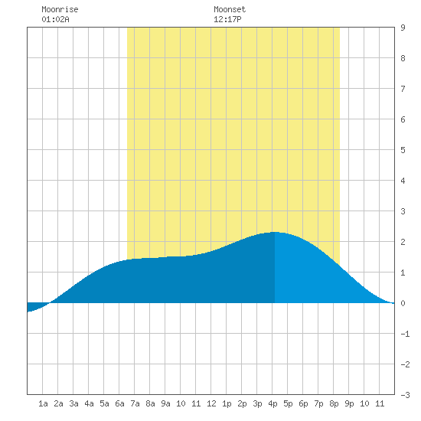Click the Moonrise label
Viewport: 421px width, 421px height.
[x=60, y=9]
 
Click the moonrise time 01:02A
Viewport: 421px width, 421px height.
[x=55, y=19]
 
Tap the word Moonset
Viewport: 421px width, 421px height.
[x=230, y=9]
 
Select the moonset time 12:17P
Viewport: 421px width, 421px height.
[x=227, y=19]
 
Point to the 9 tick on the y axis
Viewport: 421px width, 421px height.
[x=403, y=28]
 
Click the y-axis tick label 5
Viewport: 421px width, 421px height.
[x=403, y=150]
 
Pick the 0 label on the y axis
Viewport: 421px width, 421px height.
[x=403, y=303]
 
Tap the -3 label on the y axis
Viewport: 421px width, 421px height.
[x=405, y=395]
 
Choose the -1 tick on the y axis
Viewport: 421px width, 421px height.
[x=405, y=334]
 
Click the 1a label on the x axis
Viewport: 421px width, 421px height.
[x=43, y=403]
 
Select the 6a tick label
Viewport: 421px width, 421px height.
[x=119, y=403]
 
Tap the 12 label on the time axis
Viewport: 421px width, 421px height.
[x=211, y=403]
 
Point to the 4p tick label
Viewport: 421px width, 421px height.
[x=273, y=403]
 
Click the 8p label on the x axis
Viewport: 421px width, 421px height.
[x=334, y=403]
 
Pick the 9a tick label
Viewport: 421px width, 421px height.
[x=165, y=403]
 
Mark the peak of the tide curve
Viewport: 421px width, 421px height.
[x=274, y=232]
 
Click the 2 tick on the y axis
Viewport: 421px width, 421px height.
[x=403, y=242]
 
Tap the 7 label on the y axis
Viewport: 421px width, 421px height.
[x=403, y=89]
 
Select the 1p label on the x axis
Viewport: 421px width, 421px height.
[x=227, y=403]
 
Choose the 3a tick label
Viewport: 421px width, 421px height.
[x=73, y=403]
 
